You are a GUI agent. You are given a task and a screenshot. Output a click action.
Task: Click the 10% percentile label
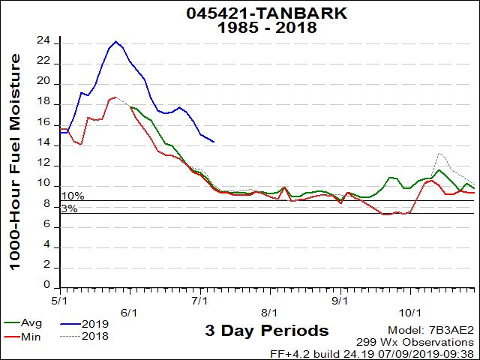coord(73,196)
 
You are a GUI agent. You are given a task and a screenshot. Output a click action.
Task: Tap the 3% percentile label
coord(69,208)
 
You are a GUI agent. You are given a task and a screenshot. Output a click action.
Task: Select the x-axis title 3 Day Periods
coord(266,331)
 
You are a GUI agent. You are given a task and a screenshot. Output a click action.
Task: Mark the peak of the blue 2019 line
coord(115,41)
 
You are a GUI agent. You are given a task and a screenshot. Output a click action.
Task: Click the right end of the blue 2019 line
coord(214,142)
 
